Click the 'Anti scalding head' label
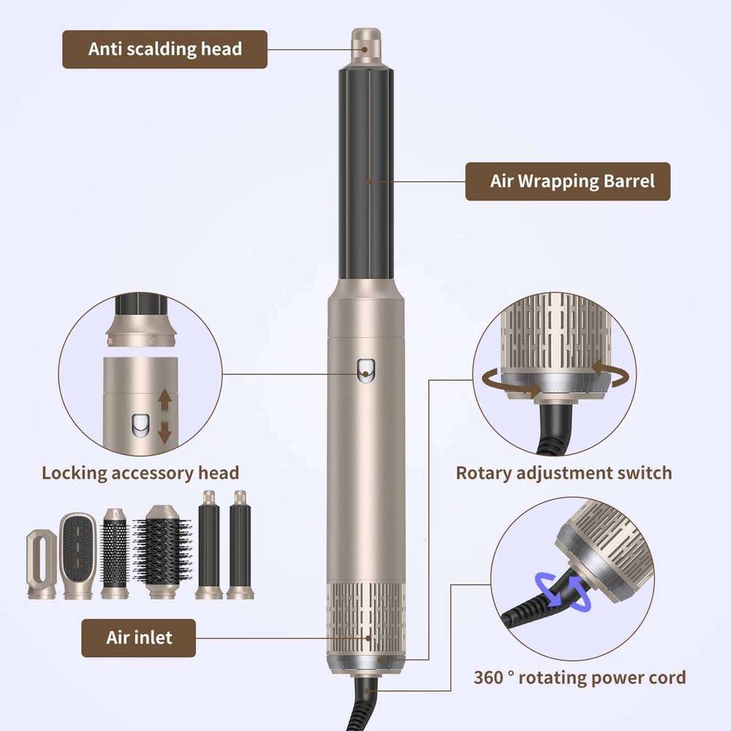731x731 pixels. [x=164, y=49]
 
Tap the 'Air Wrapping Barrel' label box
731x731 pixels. [x=567, y=181]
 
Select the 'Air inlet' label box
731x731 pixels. [x=138, y=637]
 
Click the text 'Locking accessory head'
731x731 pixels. [x=140, y=472]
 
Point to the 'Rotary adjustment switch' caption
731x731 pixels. [x=564, y=472]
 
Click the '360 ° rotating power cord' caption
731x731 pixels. [x=579, y=678]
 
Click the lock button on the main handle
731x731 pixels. [x=363, y=371]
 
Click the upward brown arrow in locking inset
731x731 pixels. [x=164, y=400]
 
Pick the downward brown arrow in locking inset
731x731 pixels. [x=164, y=433]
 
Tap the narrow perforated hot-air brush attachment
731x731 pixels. [x=115, y=553]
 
